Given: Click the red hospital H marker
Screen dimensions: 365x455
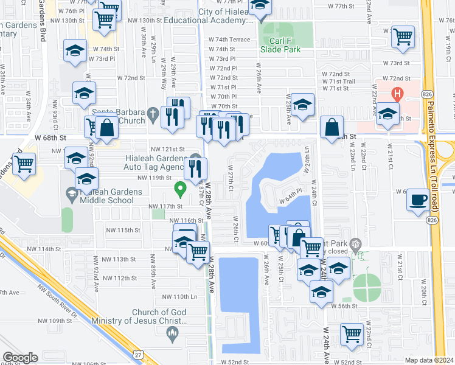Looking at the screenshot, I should pos(397,94).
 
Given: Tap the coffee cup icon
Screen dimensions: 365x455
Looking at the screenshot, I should pos(418,200).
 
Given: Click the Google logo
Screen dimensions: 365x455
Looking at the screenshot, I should pos(20,357).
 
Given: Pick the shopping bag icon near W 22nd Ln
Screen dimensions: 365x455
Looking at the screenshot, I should pos(332,128).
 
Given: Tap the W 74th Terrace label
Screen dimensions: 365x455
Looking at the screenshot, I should pos(229,40).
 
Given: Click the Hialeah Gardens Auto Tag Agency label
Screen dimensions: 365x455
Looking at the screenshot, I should pos(150,162).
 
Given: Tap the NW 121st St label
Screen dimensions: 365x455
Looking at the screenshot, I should pos(168,149).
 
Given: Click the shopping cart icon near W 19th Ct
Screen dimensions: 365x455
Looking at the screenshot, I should pos(403,37).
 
